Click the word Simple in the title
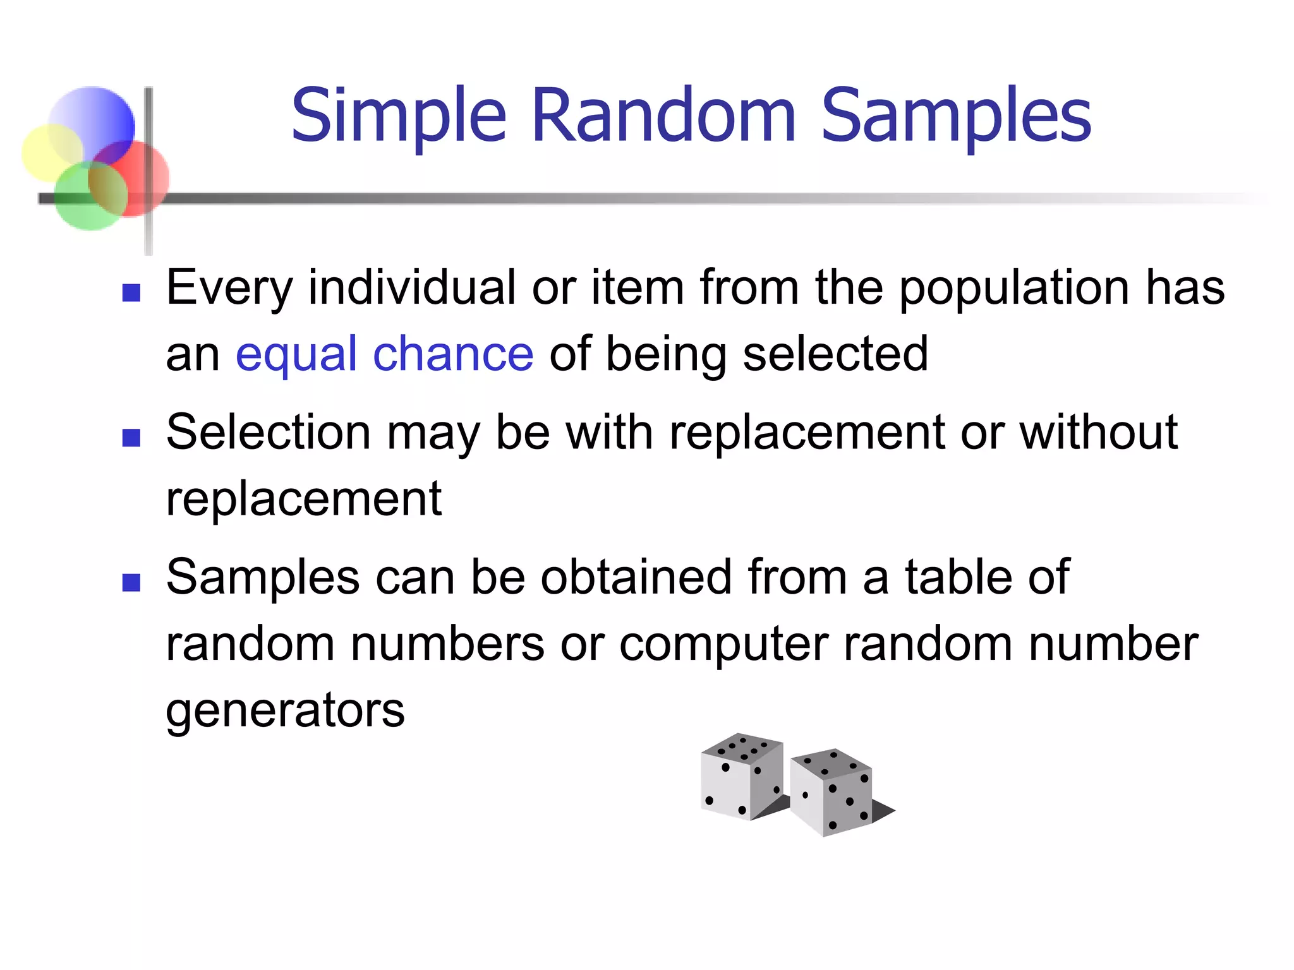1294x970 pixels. tap(399, 117)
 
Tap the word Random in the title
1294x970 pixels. tap(663, 117)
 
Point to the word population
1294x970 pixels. tap(1013, 288)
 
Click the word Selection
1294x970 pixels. tap(268, 433)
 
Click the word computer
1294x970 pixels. tap(723, 644)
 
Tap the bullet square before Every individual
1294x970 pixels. tap(131, 292)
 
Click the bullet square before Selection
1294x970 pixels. tap(131, 437)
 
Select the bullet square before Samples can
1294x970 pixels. tap(131, 582)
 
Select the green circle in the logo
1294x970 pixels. tap(85, 199)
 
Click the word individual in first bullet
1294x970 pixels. tap(411, 288)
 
